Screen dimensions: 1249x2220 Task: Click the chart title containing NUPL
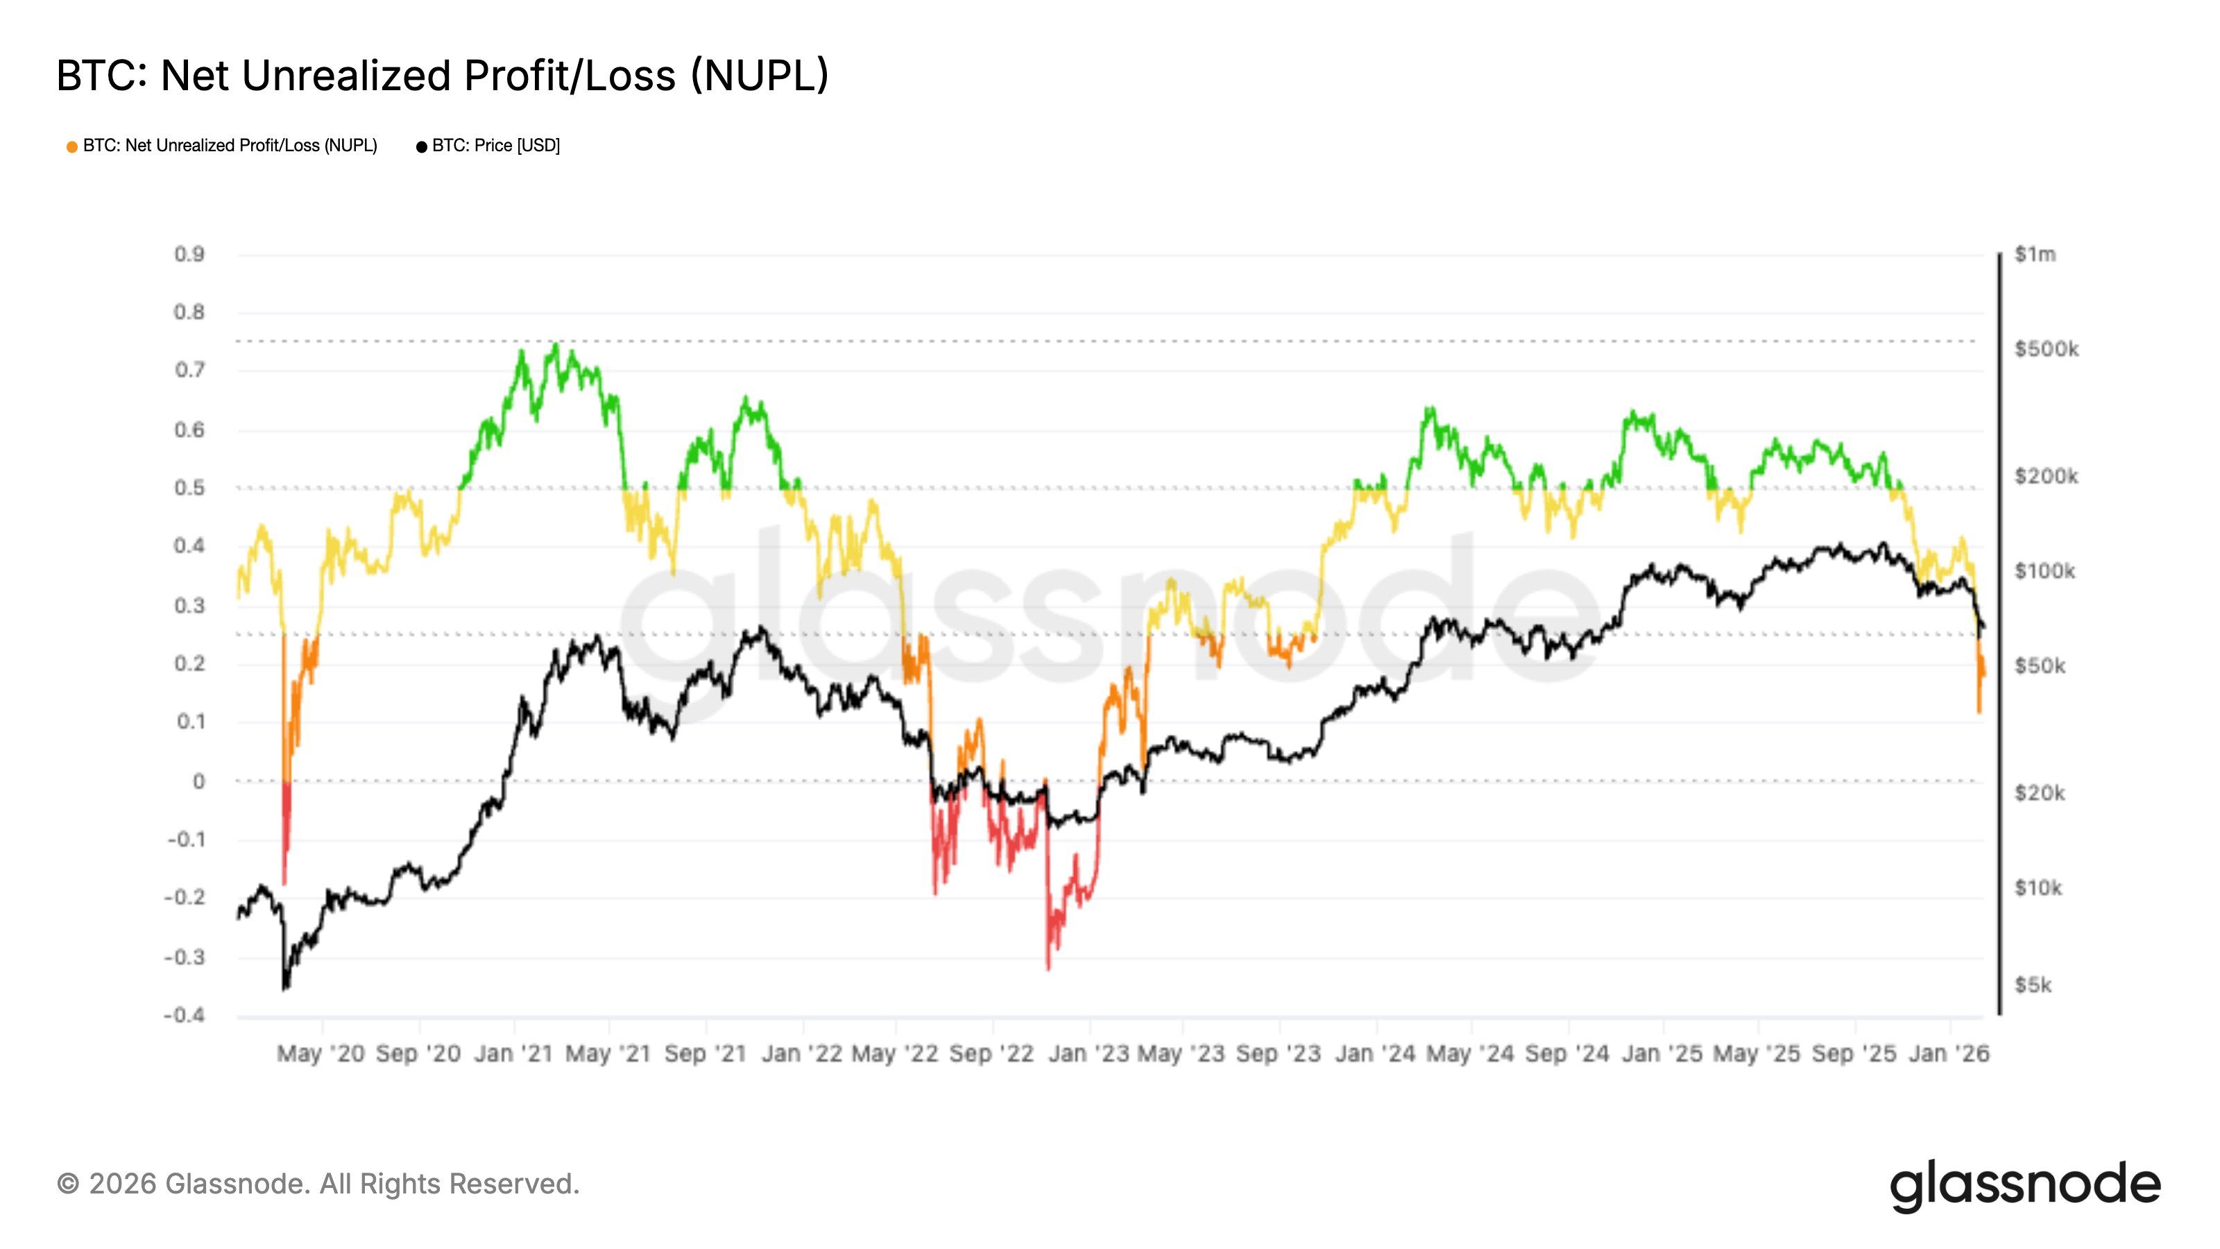tap(442, 76)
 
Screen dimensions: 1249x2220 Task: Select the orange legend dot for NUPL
tap(72, 147)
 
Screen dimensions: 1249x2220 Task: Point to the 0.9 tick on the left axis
tap(189, 254)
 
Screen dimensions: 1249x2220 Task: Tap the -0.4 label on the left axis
tap(185, 1014)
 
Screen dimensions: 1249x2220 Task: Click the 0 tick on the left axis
tap(199, 781)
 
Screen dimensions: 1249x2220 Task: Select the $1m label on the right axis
tap(2035, 254)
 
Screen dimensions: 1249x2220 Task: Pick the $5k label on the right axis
tap(2032, 985)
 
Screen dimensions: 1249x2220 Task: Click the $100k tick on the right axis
tap(2044, 570)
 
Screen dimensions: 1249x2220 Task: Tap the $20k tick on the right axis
tap(2039, 792)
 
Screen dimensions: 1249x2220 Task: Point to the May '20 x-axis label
tap(321, 1053)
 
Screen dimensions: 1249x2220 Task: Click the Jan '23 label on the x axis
tap(1088, 1053)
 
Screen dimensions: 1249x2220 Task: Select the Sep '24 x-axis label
tap(1566, 1053)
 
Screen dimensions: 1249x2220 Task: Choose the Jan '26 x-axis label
tap(1949, 1053)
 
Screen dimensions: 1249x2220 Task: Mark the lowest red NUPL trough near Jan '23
tap(1048, 969)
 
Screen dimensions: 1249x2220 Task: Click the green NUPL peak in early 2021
tap(556, 345)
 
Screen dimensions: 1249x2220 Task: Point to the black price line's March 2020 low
tap(284, 988)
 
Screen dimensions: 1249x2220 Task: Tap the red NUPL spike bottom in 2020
tap(284, 883)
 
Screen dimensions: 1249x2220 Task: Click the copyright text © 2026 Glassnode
tap(318, 1184)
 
